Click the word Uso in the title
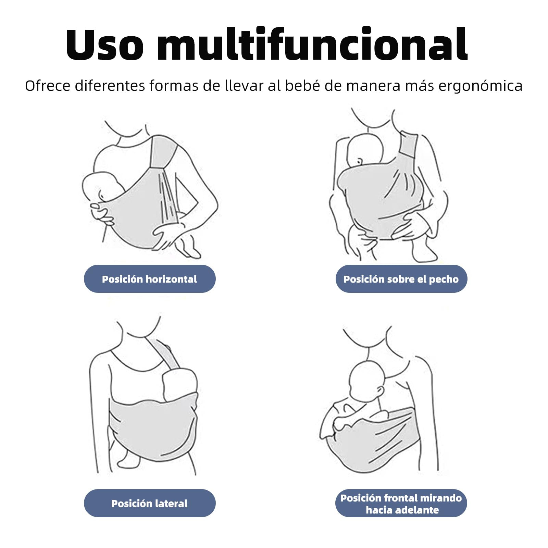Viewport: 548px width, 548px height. coord(105,44)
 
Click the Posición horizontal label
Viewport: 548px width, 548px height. coord(150,279)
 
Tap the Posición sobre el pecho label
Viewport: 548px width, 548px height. coord(401,279)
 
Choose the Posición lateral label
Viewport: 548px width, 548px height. coord(150,503)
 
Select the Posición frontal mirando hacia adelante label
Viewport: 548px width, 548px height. coord(401,503)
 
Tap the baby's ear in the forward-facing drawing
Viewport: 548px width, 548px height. coord(380,390)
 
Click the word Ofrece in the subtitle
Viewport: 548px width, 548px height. coord(48,85)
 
